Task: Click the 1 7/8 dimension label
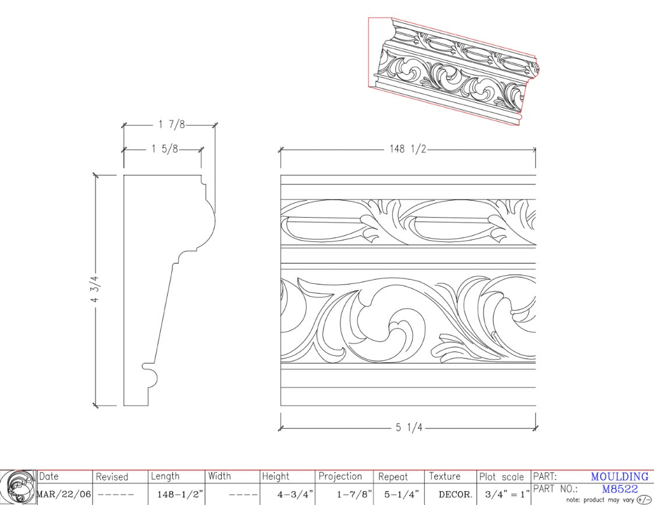(x=172, y=125)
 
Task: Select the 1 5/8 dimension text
(x=165, y=149)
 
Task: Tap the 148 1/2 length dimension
(x=407, y=149)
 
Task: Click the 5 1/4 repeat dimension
(x=409, y=428)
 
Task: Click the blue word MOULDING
(x=620, y=476)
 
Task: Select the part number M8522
(x=620, y=489)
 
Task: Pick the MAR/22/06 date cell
(x=64, y=495)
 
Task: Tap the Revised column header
(x=112, y=476)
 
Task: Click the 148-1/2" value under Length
(x=180, y=495)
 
